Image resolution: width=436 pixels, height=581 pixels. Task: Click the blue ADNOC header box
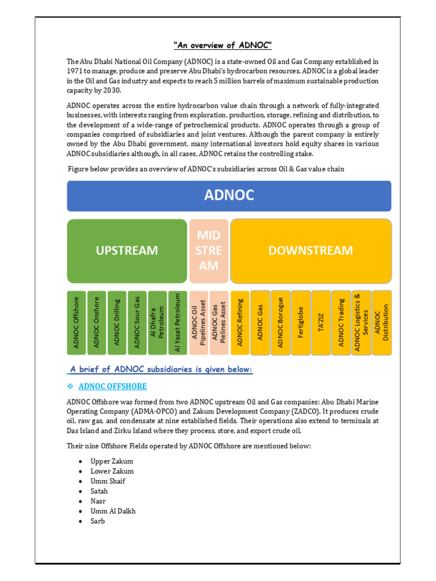[x=229, y=196]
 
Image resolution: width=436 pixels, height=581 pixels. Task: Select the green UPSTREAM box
[x=127, y=250]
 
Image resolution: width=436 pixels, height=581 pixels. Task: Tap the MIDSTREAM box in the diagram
[x=208, y=250]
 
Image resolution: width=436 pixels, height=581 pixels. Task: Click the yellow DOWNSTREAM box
[x=311, y=250]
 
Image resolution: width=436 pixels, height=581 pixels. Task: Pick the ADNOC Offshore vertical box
[x=77, y=322]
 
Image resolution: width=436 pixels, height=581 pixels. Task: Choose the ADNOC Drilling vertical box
[x=117, y=322]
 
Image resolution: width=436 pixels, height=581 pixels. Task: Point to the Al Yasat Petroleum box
[x=177, y=322]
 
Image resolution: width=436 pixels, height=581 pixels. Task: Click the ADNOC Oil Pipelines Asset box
[x=198, y=322]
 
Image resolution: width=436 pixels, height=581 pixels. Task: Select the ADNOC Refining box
[x=240, y=322]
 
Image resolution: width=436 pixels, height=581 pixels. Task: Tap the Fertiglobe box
[x=301, y=322]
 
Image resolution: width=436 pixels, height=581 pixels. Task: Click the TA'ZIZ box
[x=321, y=322]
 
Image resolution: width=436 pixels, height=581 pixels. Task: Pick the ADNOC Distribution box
[x=382, y=322]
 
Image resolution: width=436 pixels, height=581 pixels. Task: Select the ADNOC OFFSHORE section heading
[x=112, y=386]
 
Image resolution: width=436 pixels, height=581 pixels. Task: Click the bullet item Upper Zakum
[x=112, y=461]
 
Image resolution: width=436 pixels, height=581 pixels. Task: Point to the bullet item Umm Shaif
[x=108, y=481]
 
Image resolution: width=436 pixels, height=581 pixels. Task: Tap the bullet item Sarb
[x=98, y=521]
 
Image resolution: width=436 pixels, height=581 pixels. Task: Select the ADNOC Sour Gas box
[x=137, y=322]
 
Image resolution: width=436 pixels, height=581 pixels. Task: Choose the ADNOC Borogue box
[x=280, y=322]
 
